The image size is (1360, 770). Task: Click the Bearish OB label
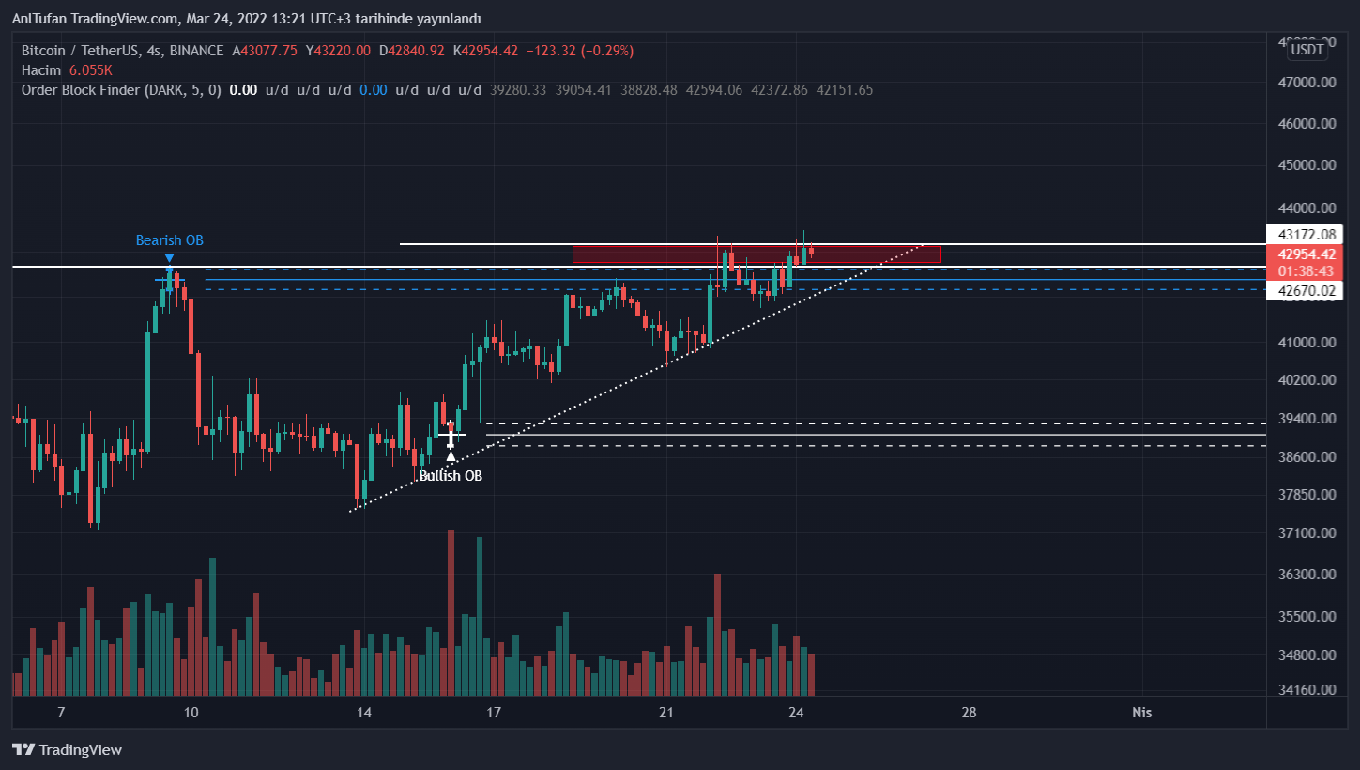point(169,240)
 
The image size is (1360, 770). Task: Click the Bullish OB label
point(451,476)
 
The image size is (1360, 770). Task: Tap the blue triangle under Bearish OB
point(169,257)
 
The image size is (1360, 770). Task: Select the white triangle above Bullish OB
point(451,456)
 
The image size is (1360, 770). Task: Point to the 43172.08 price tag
point(1305,234)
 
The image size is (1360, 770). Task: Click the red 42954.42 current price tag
point(1305,254)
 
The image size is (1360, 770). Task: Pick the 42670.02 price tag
point(1305,292)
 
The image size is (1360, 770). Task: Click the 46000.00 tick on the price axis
point(1307,124)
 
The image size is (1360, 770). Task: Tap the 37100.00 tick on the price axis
point(1307,533)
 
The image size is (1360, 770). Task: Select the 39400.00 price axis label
point(1307,419)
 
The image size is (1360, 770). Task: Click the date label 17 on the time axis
point(495,713)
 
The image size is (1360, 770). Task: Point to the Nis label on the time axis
point(1141,713)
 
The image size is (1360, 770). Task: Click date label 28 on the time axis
point(969,713)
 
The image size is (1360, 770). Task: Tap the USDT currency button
point(1307,50)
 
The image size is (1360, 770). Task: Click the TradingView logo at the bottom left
point(67,749)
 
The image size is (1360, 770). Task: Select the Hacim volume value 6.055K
point(91,70)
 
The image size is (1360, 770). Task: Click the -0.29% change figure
point(608,51)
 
